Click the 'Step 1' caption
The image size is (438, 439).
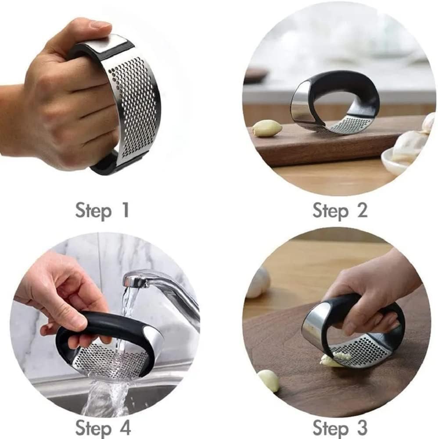[x=102, y=210]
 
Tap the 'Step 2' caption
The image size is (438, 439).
[x=340, y=210]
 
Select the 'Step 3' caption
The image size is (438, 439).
[x=340, y=427]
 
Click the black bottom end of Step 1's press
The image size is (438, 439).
[x=105, y=166]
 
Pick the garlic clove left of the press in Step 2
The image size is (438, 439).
[x=266, y=128]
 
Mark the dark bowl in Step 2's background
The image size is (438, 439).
[x=255, y=75]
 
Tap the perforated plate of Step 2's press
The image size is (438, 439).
[x=347, y=126]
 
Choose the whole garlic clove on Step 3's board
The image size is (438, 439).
[x=269, y=380]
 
